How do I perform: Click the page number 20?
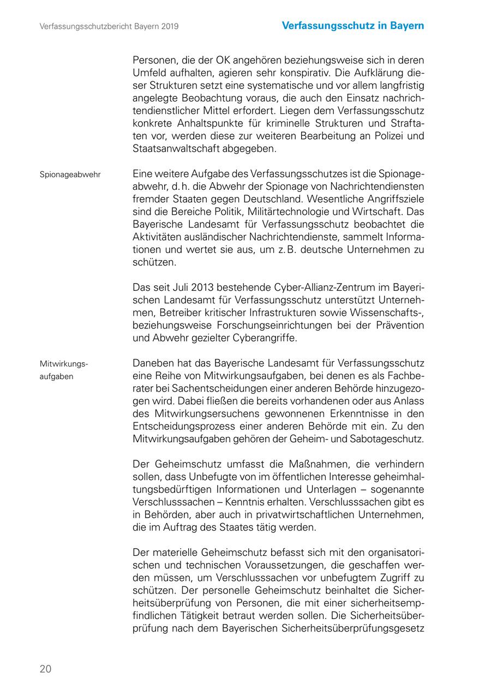(45, 669)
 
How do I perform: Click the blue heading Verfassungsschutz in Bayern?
(353, 26)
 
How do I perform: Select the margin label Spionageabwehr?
(70, 175)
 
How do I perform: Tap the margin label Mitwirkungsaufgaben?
(64, 370)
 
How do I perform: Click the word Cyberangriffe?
(264, 338)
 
